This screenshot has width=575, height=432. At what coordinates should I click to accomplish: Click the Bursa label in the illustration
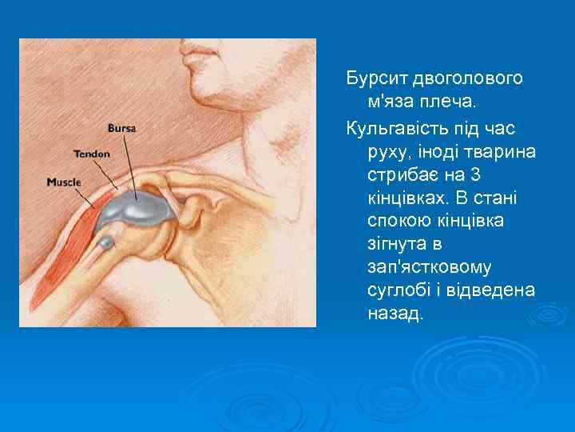(121, 128)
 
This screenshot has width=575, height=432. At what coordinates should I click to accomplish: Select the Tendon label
(91, 153)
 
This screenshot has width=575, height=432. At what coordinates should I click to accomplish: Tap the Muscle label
(64, 182)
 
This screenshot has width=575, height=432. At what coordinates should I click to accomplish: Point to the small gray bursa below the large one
(105, 242)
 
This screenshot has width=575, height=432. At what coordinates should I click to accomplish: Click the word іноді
(438, 150)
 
